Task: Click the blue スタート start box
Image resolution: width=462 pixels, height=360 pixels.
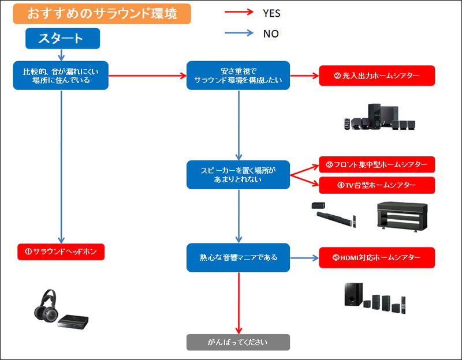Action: [62, 39]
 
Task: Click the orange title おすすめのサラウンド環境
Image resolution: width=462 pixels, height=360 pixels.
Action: [102, 13]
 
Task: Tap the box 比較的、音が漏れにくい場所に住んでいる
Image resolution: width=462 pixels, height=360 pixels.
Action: [61, 76]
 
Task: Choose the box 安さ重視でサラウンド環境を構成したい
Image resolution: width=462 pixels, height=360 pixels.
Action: [239, 76]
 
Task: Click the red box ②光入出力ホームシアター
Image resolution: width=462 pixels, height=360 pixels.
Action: [377, 76]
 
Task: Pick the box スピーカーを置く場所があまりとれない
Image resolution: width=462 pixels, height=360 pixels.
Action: [239, 175]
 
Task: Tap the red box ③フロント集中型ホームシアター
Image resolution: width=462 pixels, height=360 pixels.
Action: [377, 165]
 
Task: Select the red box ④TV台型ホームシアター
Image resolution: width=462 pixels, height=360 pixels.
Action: [377, 185]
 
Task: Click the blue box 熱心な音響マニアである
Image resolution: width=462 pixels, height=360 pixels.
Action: [239, 257]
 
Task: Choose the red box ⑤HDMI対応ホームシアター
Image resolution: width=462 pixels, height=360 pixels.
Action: [377, 257]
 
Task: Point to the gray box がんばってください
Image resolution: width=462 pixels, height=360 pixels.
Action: [238, 342]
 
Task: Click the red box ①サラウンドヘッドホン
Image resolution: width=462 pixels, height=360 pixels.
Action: [61, 252]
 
